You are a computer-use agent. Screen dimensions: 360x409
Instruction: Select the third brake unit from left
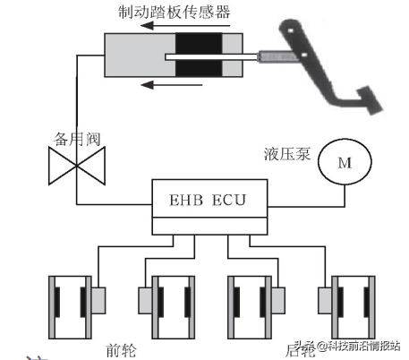[x=255, y=303]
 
